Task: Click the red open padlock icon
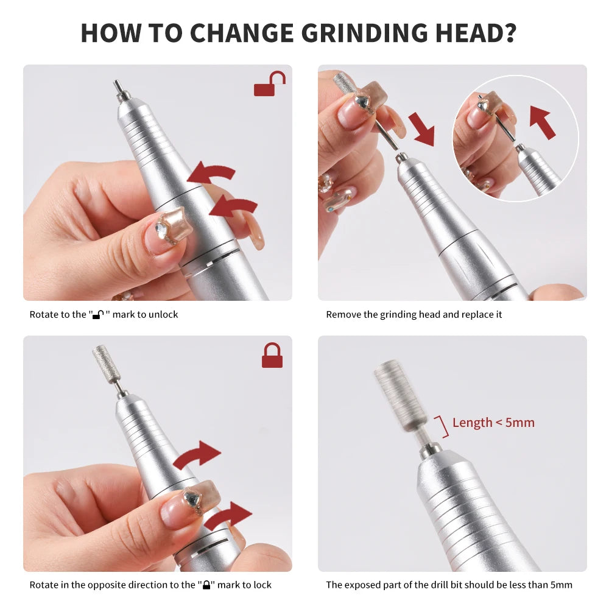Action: click(x=269, y=85)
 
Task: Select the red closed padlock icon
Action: click(x=272, y=356)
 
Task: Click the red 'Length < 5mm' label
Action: click(x=493, y=423)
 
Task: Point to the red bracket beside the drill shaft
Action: click(x=442, y=426)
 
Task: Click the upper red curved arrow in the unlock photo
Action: click(x=212, y=174)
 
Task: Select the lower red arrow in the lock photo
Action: click(x=228, y=518)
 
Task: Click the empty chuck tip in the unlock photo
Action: click(x=118, y=90)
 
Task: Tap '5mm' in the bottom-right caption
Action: click(x=560, y=585)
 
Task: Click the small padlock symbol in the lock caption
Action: click(x=206, y=585)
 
